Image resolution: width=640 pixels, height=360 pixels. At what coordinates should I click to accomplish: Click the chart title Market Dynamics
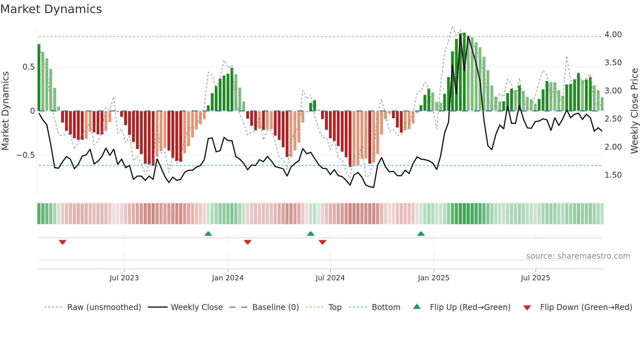(x=51, y=9)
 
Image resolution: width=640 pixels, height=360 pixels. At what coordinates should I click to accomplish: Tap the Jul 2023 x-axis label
(x=124, y=278)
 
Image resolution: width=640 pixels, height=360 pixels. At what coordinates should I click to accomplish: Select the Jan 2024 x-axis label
(x=228, y=278)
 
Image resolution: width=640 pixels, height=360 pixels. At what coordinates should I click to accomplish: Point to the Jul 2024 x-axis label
(x=330, y=278)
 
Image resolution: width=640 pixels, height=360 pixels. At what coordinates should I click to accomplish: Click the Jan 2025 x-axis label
(x=434, y=278)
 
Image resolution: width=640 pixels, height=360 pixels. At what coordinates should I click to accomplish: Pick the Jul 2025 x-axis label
(x=536, y=278)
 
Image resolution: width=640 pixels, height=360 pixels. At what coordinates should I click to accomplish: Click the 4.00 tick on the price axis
(x=613, y=35)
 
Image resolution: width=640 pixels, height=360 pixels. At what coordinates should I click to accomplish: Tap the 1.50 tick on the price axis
(x=613, y=175)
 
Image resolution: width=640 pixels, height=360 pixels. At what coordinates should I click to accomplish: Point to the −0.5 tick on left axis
(x=26, y=155)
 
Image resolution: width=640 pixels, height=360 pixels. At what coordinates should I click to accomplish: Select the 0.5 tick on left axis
(x=28, y=67)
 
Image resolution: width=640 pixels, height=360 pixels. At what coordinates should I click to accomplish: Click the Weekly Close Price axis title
(x=634, y=111)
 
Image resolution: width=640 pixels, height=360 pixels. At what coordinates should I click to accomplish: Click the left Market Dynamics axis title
(x=5, y=111)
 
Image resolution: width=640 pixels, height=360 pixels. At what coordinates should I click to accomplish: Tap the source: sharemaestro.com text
(x=578, y=256)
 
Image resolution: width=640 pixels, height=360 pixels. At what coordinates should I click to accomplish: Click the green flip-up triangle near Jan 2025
(x=421, y=234)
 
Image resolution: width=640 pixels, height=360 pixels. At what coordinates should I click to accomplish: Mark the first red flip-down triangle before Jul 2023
(x=63, y=242)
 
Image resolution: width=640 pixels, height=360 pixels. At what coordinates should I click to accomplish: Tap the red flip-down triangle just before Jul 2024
(x=323, y=242)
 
